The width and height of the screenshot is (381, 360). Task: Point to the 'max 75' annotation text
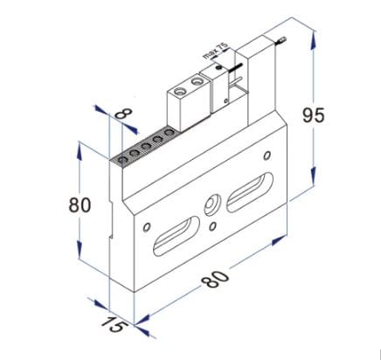point(213,51)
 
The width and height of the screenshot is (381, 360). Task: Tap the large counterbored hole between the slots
point(213,207)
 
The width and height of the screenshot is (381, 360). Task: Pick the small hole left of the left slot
point(143,222)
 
